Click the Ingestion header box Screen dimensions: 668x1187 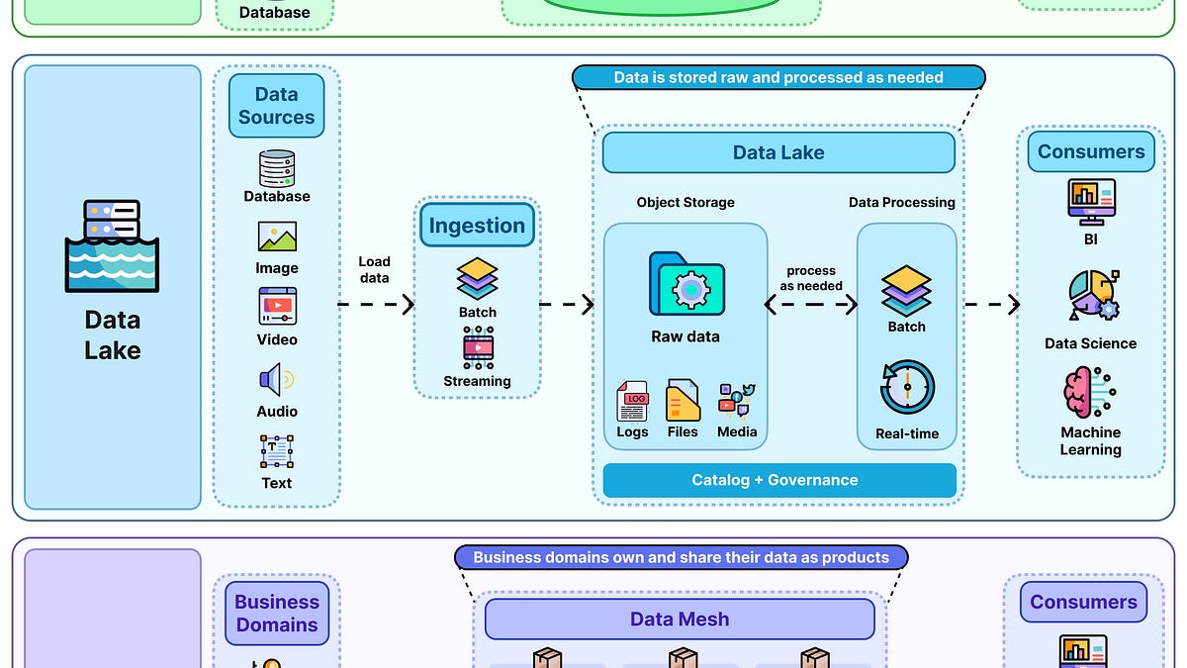pyautogui.click(x=477, y=226)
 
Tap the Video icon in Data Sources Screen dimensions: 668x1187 pyautogui.click(x=277, y=307)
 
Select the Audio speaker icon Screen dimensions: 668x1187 pyautogui.click(x=277, y=379)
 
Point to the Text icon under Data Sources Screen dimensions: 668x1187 pyautogui.click(x=277, y=451)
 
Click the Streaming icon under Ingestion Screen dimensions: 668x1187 pyautogui.click(x=478, y=348)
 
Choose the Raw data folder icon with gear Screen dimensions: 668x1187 pyautogui.click(x=686, y=288)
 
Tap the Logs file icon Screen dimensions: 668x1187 pyautogui.click(x=632, y=401)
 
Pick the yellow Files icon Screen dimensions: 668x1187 pyautogui.click(x=683, y=401)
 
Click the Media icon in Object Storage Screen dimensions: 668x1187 pyautogui.click(x=737, y=399)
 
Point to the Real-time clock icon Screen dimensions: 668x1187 pyautogui.click(x=907, y=387)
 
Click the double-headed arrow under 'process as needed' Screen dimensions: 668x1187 pyautogui.click(x=811, y=305)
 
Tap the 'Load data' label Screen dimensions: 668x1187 pyautogui.click(x=374, y=270)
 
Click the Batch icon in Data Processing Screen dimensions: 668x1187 pyautogui.click(x=906, y=289)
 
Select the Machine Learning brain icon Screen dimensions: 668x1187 pyautogui.click(x=1089, y=393)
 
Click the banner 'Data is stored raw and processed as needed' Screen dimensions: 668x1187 pyautogui.click(x=778, y=77)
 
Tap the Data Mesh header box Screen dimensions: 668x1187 pyautogui.click(x=680, y=620)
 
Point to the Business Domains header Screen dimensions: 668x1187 pyautogui.click(x=277, y=614)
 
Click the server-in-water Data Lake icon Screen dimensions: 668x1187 pyautogui.click(x=112, y=245)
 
